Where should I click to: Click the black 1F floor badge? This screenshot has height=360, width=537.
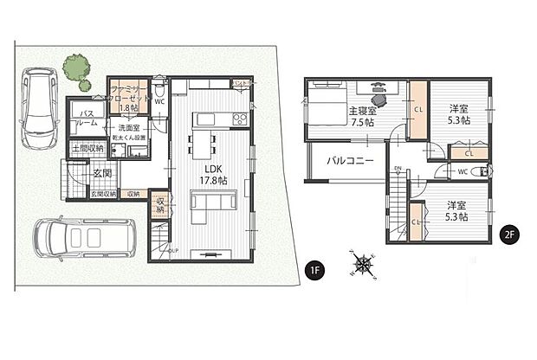pyautogui.click(x=316, y=269)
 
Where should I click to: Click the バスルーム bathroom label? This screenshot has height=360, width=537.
pyautogui.click(x=87, y=119)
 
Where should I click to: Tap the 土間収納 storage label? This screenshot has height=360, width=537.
pyautogui.click(x=87, y=149)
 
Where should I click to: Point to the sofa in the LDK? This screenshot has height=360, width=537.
pyautogui.click(x=211, y=202)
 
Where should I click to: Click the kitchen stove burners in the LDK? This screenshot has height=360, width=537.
pyautogui.click(x=239, y=119)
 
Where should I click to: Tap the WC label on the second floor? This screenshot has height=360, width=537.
pyautogui.click(x=463, y=171)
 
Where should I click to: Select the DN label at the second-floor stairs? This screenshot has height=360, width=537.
pyautogui.click(x=398, y=168)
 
